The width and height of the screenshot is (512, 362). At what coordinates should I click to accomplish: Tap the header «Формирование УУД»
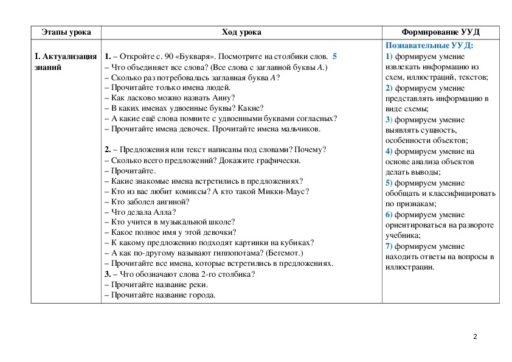pyautogui.click(x=440, y=32)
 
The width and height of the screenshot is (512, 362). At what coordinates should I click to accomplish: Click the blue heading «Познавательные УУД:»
pyautogui.click(x=429, y=46)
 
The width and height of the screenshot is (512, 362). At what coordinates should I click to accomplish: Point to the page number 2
pyautogui.click(x=476, y=337)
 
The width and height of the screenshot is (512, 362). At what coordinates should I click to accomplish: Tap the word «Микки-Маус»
pyautogui.click(x=285, y=190)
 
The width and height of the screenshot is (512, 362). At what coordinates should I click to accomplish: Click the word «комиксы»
pyautogui.click(x=189, y=190)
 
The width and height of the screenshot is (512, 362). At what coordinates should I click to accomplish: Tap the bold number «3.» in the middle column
pyautogui.click(x=107, y=274)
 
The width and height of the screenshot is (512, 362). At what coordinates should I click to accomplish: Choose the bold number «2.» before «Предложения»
pyautogui.click(x=107, y=149)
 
